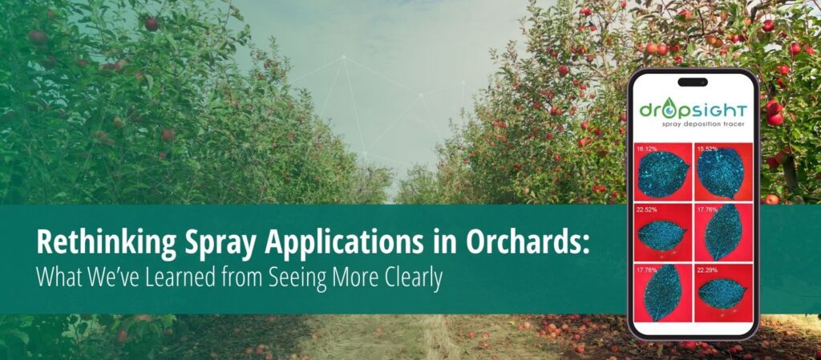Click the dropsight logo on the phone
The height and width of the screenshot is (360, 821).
(693, 110)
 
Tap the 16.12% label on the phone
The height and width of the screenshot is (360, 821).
(647, 149)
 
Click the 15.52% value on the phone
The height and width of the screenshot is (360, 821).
(707, 149)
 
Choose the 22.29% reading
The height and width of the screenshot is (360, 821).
(707, 270)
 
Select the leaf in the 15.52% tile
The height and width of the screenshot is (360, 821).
(721, 172)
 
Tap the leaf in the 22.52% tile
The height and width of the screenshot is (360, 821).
(661, 236)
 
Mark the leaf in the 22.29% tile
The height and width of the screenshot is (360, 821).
(722, 293)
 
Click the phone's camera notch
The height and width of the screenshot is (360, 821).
(692, 82)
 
